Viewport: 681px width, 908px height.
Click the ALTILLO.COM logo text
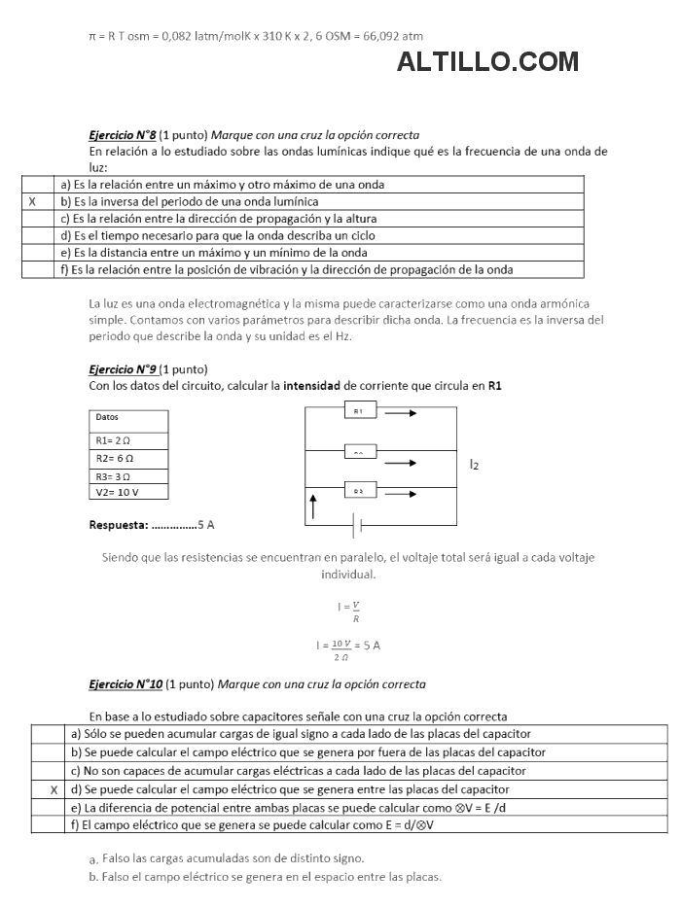tap(487, 62)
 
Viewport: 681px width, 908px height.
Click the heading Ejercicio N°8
tap(123, 135)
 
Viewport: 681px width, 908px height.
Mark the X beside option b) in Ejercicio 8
tap(33, 201)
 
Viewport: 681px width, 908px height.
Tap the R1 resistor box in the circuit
tap(359, 412)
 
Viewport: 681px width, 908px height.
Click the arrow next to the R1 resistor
tap(401, 412)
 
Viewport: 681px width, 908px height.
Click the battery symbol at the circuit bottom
tap(358, 526)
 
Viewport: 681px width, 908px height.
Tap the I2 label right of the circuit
tap(474, 465)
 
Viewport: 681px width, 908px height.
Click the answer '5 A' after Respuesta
tap(205, 525)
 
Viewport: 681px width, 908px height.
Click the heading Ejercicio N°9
tap(123, 369)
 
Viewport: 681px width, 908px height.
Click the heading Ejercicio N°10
tap(125, 684)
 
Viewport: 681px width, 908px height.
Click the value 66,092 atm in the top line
tap(391, 35)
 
